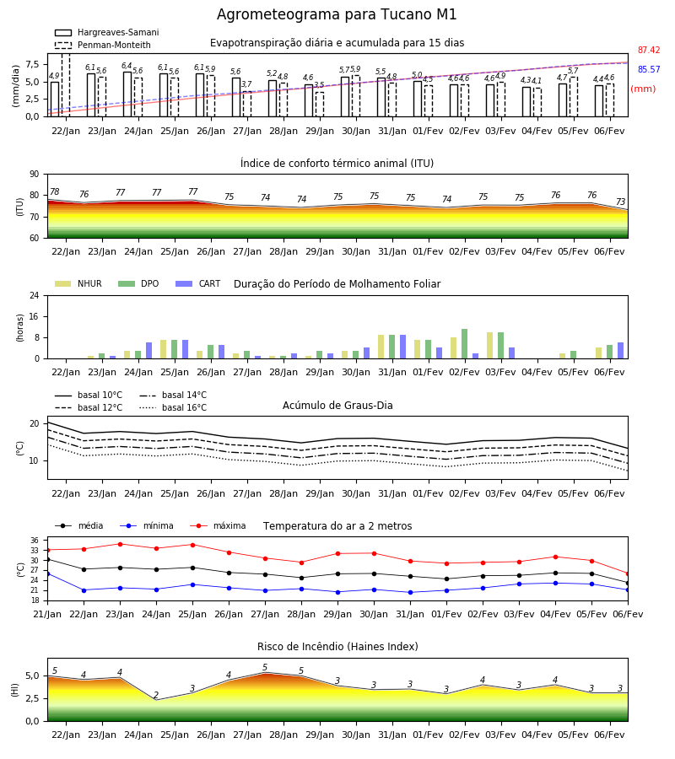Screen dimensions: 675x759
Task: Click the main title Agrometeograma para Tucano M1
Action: [x=337, y=14]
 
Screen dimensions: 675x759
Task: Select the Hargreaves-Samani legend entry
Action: [x=106, y=32]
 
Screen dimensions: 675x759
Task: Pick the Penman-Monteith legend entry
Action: [x=103, y=45]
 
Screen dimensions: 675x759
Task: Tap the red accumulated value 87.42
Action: [x=649, y=50]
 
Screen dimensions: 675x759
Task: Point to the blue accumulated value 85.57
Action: [x=649, y=69]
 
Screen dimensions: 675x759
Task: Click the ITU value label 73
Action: [x=621, y=202]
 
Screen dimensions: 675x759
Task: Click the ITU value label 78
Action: [x=55, y=191]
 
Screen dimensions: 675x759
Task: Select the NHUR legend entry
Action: [x=78, y=283]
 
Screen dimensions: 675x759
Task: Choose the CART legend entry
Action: [x=198, y=283]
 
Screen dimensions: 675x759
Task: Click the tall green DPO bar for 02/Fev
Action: [x=464, y=344]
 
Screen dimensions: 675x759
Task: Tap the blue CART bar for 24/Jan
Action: [x=149, y=351]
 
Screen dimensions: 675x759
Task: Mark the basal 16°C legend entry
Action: [x=173, y=407]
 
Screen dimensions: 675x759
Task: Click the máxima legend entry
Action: [x=219, y=525]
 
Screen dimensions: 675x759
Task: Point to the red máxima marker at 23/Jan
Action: [x=120, y=544]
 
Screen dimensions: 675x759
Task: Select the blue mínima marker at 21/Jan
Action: [x=47, y=573]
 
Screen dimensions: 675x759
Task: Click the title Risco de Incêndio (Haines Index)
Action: [x=337, y=647]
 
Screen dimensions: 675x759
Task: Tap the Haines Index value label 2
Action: [x=156, y=695]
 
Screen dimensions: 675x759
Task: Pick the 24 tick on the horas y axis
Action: [x=35, y=296]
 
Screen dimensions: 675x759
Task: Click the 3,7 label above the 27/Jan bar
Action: [x=246, y=84]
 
